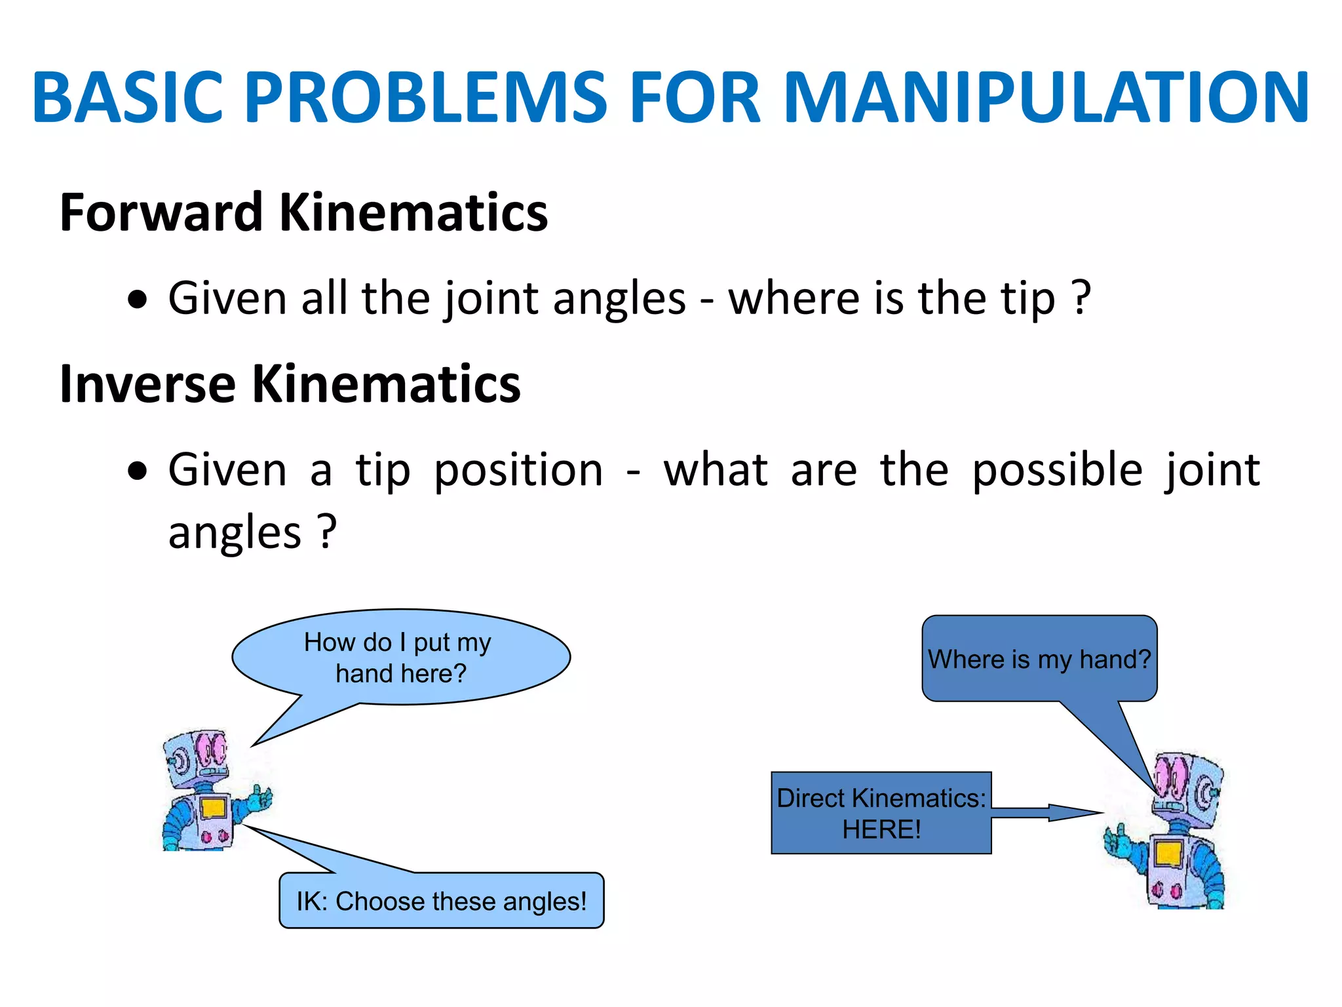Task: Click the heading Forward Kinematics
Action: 303,213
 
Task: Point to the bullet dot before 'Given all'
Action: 138,300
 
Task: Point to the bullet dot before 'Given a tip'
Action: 138,471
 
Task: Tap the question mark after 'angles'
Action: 327,531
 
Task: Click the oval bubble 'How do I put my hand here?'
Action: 401,657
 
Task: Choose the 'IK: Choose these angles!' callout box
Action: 441,901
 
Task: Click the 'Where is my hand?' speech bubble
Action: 1039,658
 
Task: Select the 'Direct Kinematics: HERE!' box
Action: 881,813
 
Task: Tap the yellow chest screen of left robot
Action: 213,808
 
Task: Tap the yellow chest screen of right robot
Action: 1168,854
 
